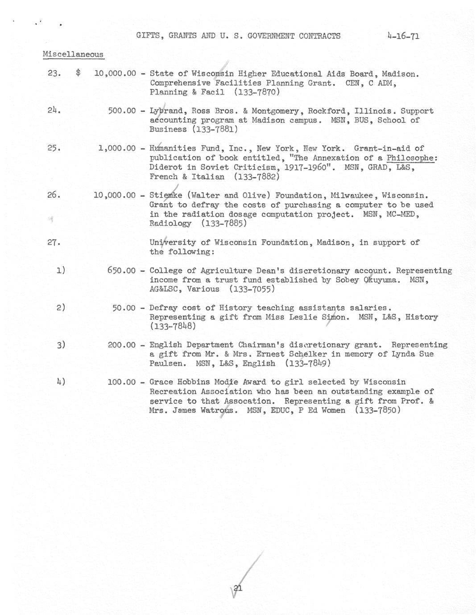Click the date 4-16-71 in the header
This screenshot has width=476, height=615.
(x=403, y=36)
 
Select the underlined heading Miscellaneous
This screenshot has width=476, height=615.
(x=73, y=54)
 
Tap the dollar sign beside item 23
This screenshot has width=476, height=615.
(x=79, y=74)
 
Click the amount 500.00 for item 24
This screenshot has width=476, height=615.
(x=122, y=111)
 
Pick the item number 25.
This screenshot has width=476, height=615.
(x=54, y=148)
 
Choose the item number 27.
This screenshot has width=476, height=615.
(x=54, y=242)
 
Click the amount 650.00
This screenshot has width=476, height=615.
(x=122, y=271)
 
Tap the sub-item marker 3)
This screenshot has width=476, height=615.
(x=61, y=345)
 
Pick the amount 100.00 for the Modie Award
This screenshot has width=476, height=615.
(x=122, y=382)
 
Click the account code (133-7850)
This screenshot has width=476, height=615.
(x=378, y=410)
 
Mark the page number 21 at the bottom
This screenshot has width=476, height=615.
(x=238, y=588)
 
